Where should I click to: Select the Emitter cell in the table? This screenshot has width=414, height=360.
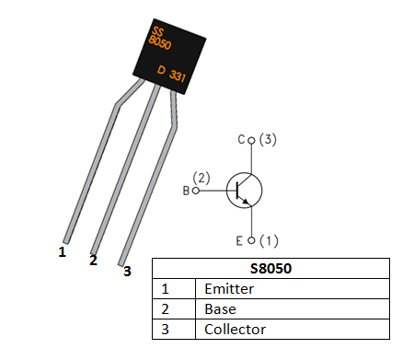pos(229,289)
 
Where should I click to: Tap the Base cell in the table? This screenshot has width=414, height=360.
pos(220,309)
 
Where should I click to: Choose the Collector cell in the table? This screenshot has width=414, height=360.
pos(235,329)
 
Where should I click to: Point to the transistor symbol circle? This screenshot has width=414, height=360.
pos(244,190)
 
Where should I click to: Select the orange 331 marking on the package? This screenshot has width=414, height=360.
pos(178,78)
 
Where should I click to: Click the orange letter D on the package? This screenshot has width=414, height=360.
pos(161,70)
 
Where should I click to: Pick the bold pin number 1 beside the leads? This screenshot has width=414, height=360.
pos(62,250)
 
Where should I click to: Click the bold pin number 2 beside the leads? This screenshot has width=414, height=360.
pos(93,261)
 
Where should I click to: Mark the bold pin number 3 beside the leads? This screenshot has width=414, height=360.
pos(127,271)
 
